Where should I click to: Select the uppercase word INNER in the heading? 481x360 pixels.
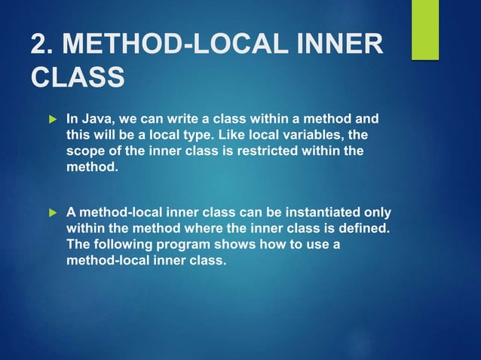click(339, 45)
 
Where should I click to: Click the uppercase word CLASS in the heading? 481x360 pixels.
click(78, 78)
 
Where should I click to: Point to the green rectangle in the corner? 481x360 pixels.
click(424, 30)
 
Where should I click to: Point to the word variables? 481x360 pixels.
click(297, 135)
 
